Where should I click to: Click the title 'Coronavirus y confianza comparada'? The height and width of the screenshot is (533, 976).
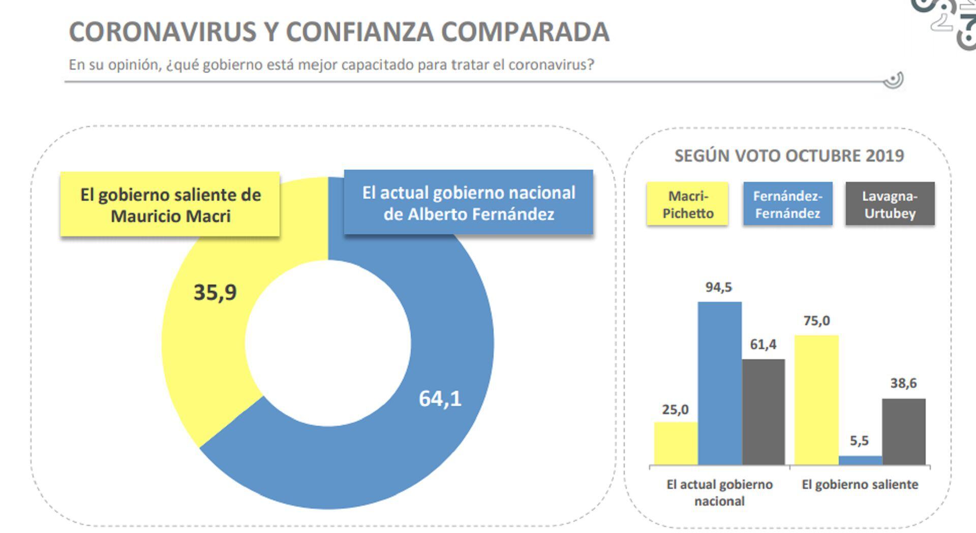click(x=339, y=32)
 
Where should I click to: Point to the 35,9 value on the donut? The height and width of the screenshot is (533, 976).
click(x=215, y=293)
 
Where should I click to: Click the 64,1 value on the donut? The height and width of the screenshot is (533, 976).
click(x=440, y=399)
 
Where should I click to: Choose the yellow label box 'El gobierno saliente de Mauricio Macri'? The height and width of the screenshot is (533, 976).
click(x=170, y=205)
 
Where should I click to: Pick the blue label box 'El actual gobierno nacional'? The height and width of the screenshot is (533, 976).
click(x=468, y=203)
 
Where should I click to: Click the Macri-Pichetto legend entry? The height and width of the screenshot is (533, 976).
click(x=687, y=204)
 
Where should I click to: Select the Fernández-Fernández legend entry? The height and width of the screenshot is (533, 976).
click(x=787, y=204)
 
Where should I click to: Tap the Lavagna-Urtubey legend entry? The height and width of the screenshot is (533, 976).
click(x=890, y=204)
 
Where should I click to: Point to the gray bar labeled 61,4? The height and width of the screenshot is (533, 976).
click(x=763, y=412)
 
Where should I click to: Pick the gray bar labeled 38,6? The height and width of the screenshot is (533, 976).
click(x=903, y=431)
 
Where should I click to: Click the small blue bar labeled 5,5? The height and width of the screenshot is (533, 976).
click(x=860, y=460)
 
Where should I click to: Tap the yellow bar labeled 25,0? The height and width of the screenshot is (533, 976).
click(x=676, y=443)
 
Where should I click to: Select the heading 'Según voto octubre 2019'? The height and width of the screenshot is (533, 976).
click(x=789, y=156)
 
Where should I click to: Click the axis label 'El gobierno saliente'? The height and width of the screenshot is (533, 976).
click(x=860, y=485)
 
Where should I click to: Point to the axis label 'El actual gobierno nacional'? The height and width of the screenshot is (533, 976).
click(x=719, y=492)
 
